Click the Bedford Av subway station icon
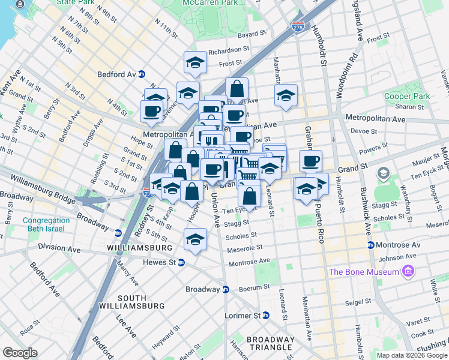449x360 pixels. pyautogui.click(x=142, y=74)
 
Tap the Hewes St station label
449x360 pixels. pyautogui.click(x=159, y=262)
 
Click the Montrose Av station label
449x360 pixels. pyautogui.click(x=399, y=245)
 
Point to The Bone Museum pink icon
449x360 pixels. pyautogui.click(x=409, y=272)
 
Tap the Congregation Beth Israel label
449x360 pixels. pyautogui.click(x=46, y=225)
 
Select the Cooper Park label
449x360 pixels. pyautogui.click(x=407, y=96)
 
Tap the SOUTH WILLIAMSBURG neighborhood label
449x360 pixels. pyautogui.click(x=140, y=302)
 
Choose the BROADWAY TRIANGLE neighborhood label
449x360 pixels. pyautogui.click(x=271, y=343)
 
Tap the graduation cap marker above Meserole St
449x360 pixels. pyautogui.click(x=195, y=239)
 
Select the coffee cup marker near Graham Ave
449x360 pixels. pyautogui.click(x=310, y=160)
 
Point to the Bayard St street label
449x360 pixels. pyautogui.click(x=251, y=35)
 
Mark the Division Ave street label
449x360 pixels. pyautogui.click(x=61, y=246)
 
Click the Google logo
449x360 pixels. pyautogui.click(x=20, y=353)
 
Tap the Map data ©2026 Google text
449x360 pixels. pyautogui.click(x=411, y=355)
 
